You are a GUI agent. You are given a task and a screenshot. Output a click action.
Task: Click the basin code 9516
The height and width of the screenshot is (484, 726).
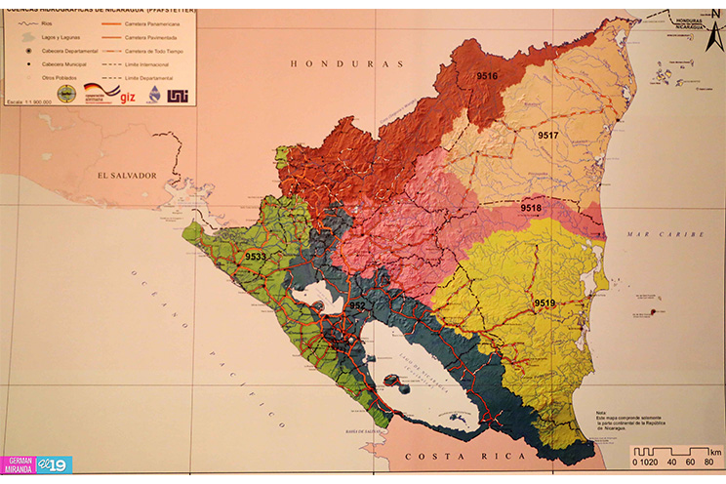tap(486, 76)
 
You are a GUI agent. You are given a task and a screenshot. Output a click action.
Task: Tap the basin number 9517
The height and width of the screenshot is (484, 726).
tap(546, 135)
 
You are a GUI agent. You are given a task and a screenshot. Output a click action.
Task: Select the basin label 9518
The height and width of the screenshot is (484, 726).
tap(531, 209)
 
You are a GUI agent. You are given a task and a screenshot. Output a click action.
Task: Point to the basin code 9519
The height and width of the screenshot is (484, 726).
tap(544, 303)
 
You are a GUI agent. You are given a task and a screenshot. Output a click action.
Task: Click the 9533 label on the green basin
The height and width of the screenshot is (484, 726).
tap(256, 257)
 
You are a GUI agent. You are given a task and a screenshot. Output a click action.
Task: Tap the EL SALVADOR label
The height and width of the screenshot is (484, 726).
tap(126, 175)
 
